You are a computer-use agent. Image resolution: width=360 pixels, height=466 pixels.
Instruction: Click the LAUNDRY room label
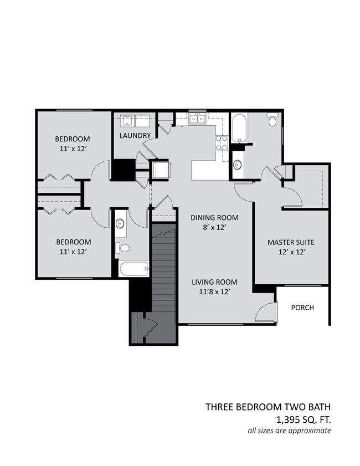point(135,136)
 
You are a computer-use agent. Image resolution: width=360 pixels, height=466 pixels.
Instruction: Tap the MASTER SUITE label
point(291,242)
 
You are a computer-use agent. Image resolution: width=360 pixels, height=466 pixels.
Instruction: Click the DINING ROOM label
point(214,217)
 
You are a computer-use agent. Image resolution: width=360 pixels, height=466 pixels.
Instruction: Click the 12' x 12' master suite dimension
point(291,252)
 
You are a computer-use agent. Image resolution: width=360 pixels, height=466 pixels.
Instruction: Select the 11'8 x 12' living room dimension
point(214,291)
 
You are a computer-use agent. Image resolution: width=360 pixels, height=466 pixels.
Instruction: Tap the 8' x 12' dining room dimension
point(214,227)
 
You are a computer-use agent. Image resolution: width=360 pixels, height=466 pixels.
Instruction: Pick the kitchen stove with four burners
point(222,143)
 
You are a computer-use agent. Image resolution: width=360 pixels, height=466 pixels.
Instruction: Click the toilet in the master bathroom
point(273,120)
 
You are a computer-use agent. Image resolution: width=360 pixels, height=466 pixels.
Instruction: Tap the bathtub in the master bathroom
point(239,127)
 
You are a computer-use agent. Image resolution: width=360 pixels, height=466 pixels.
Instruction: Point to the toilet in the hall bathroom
point(123,249)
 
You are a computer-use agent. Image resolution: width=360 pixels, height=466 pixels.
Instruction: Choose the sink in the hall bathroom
point(121,224)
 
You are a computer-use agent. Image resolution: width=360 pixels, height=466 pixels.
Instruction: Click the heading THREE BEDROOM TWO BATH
point(268,407)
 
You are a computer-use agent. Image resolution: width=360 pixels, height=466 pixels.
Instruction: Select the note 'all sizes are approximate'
point(289,431)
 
